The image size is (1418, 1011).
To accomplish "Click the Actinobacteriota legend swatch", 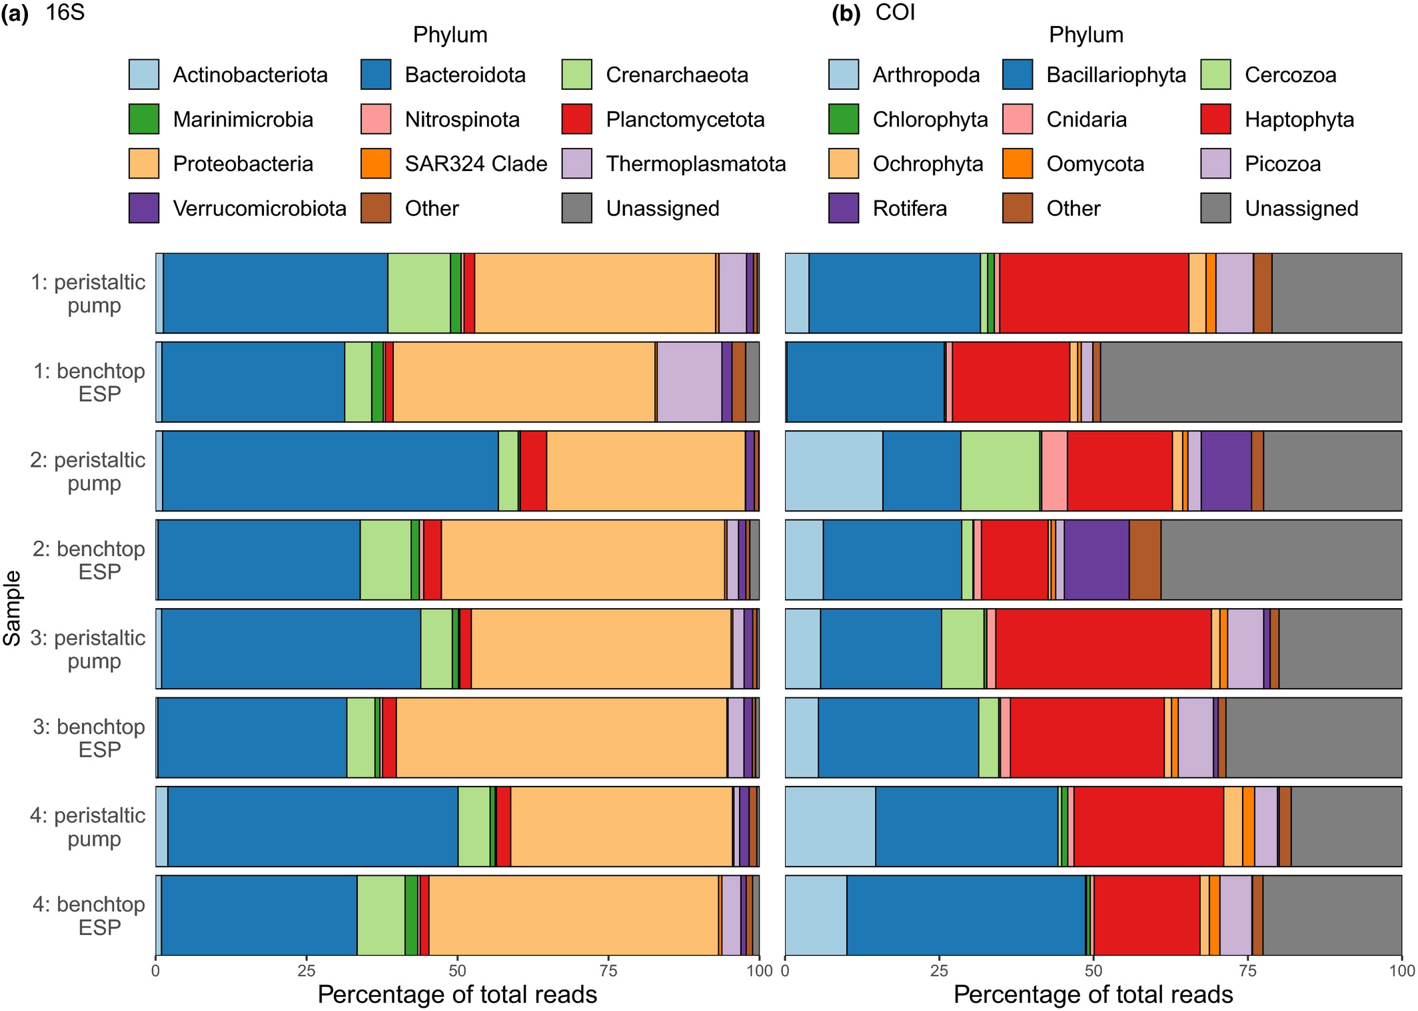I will coord(144,75).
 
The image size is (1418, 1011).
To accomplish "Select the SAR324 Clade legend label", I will coord(476,164).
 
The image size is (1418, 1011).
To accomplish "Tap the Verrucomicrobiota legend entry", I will coord(259,208).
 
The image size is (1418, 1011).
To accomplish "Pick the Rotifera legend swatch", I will coord(844,208).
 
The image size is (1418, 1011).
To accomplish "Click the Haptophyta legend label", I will coord(1299,120).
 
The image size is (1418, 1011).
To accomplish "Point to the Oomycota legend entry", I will coord(1095,164).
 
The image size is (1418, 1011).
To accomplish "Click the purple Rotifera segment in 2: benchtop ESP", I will coord(1096,559).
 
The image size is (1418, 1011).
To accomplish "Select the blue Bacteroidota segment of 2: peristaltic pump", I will coord(330,471).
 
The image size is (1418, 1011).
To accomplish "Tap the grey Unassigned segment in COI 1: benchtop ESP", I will coord(1250,382).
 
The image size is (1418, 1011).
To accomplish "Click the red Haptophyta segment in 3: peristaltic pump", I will coord(1103,649).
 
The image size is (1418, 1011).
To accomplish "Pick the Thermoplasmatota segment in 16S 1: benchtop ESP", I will coord(689,382).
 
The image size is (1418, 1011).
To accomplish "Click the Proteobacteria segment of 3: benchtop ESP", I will coord(561,737).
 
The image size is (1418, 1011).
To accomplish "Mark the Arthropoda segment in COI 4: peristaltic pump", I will coord(830,827).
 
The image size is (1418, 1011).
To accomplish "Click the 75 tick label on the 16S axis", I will coord(608,970).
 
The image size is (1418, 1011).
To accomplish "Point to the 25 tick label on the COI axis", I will coord(939,970).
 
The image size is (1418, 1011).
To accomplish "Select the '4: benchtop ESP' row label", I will coord(89,915).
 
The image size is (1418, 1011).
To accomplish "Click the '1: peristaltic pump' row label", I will coord(88,294).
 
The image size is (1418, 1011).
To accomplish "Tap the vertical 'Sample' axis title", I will coord(12,608).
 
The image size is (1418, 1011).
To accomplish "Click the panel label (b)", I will coord(846,13).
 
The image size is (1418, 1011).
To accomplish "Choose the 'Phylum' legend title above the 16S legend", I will coord(450,35).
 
